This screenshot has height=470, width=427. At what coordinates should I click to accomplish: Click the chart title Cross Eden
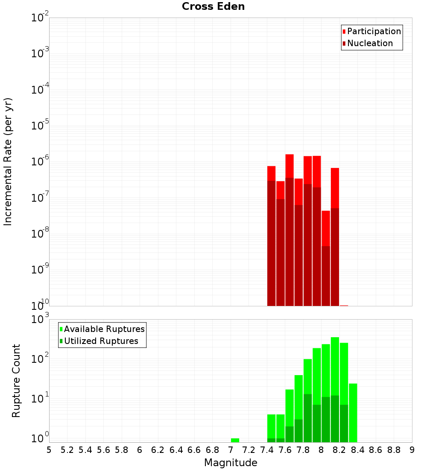(213, 7)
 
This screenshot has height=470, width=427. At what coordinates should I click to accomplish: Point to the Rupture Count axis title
(16, 381)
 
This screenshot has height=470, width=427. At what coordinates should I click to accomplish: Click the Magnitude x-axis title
(231, 463)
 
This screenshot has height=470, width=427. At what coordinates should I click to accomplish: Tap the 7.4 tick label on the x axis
(267, 450)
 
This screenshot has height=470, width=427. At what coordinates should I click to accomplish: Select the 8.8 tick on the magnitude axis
(394, 450)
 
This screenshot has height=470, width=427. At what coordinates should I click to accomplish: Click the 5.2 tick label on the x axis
(67, 450)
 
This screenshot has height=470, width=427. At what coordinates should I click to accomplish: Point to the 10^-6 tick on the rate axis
(40, 162)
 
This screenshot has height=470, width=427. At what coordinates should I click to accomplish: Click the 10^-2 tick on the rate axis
(40, 18)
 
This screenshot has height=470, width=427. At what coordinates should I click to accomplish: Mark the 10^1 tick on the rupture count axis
(40, 399)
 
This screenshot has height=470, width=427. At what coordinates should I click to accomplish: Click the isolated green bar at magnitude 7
(235, 440)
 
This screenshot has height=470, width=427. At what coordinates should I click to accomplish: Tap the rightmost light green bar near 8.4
(353, 413)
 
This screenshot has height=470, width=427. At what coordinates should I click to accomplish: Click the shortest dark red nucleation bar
(326, 276)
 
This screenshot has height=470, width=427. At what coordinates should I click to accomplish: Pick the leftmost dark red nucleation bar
(271, 243)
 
